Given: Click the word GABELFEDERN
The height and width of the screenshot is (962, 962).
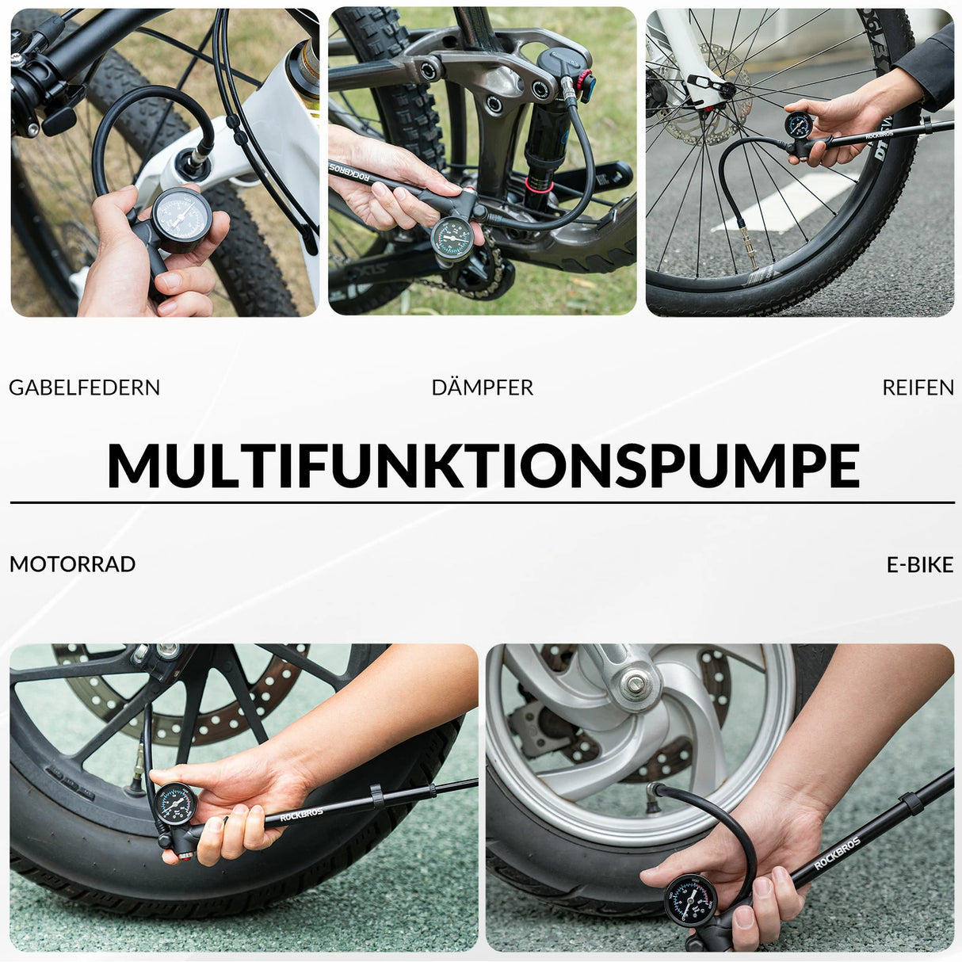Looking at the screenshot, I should coord(84,387).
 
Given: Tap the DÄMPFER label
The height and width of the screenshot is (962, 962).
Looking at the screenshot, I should coord(482,387).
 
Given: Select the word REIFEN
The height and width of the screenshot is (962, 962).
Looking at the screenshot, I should coord(918,387).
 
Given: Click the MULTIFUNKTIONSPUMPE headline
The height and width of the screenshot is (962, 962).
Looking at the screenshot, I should coord(483,465).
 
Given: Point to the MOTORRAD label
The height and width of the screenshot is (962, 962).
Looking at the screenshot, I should coord(72,564).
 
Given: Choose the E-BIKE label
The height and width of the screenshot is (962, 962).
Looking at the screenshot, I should coord(919,564).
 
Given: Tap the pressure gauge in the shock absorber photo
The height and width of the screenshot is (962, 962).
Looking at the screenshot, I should coord(452,239).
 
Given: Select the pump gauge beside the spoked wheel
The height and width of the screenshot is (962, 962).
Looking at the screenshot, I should coord(799,124).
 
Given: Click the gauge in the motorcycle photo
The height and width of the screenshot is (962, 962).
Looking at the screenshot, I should coord(175,804).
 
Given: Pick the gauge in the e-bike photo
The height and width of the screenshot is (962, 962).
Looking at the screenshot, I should coord(690,900).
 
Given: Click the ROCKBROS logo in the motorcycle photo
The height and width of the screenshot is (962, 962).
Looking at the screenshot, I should coord(301,815).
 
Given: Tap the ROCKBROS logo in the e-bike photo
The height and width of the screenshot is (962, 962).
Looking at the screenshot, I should coord(837,853).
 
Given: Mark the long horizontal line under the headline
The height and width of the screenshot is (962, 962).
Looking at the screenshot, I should coord(483,502).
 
